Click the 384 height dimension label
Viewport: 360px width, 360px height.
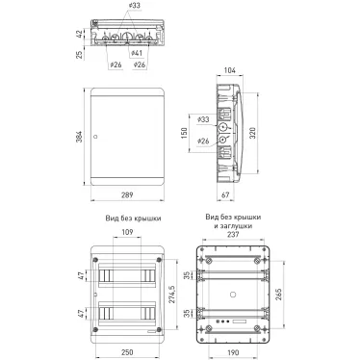pyautogui.click(x=79, y=137)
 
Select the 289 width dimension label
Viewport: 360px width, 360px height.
pyautogui.click(x=127, y=194)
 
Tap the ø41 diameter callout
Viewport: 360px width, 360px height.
pyautogui.click(x=137, y=53)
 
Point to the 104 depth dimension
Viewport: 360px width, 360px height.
pyautogui.click(x=229, y=70)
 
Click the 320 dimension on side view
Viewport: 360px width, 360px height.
pyautogui.click(x=252, y=133)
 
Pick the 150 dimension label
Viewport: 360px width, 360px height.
pyautogui.click(x=184, y=133)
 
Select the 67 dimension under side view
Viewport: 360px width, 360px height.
pyautogui.click(x=225, y=194)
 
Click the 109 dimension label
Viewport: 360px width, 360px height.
pyautogui.click(x=127, y=232)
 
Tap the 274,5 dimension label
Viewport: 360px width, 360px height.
pyautogui.click(x=170, y=295)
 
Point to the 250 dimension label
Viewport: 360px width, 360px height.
pyautogui.click(x=127, y=352)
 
